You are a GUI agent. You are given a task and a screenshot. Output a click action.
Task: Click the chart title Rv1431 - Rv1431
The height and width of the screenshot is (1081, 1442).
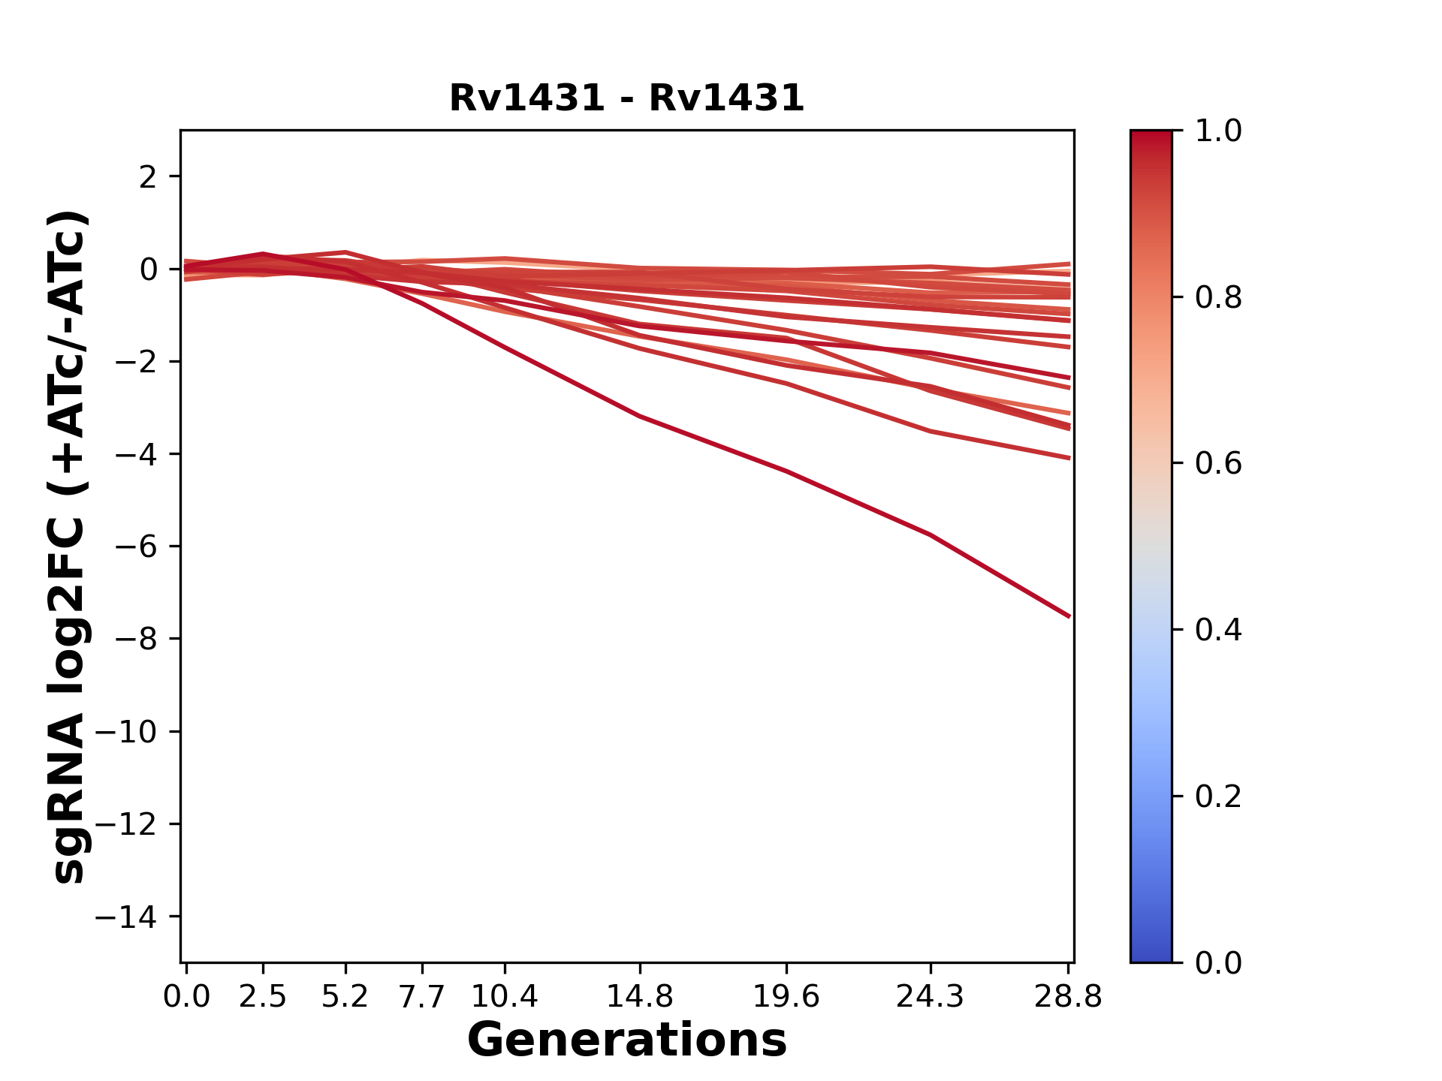(x=626, y=98)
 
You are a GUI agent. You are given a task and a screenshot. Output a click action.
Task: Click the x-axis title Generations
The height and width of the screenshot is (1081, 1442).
(x=626, y=1040)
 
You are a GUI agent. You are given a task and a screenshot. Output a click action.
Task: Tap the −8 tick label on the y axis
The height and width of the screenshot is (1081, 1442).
(x=136, y=640)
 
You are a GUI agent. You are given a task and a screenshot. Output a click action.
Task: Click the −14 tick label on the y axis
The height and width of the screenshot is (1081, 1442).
(x=126, y=917)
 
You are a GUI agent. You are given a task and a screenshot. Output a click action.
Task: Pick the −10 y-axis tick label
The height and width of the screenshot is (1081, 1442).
(x=126, y=732)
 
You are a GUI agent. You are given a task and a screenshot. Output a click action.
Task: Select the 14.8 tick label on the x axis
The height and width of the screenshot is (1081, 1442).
(x=639, y=997)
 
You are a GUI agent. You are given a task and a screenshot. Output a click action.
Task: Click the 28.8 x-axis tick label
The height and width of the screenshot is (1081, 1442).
(x=1068, y=997)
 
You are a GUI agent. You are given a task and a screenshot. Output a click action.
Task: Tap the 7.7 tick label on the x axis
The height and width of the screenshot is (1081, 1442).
(x=422, y=997)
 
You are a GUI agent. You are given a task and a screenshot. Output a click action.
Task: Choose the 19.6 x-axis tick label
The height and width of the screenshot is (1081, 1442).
(x=786, y=997)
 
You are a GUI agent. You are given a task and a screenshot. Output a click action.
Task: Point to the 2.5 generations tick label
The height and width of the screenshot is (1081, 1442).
(x=263, y=997)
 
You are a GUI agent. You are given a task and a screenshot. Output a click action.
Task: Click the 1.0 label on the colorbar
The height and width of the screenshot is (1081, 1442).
(x=1218, y=131)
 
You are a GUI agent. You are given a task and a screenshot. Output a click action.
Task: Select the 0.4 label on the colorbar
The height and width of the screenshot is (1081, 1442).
(x=1218, y=630)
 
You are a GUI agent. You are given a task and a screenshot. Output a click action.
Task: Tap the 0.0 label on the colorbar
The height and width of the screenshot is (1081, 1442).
(x=1218, y=962)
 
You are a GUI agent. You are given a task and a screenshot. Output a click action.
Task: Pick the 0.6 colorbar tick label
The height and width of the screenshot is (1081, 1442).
(x=1218, y=464)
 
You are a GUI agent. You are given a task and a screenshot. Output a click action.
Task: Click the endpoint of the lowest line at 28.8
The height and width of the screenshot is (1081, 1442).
(x=1069, y=616)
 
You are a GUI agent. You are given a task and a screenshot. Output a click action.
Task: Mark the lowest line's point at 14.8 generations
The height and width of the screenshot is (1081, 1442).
(x=639, y=416)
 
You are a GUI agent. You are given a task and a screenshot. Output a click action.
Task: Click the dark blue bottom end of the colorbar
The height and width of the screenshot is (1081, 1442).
(x=1151, y=955)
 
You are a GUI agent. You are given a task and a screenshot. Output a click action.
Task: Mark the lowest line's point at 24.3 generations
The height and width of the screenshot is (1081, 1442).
(x=931, y=534)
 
